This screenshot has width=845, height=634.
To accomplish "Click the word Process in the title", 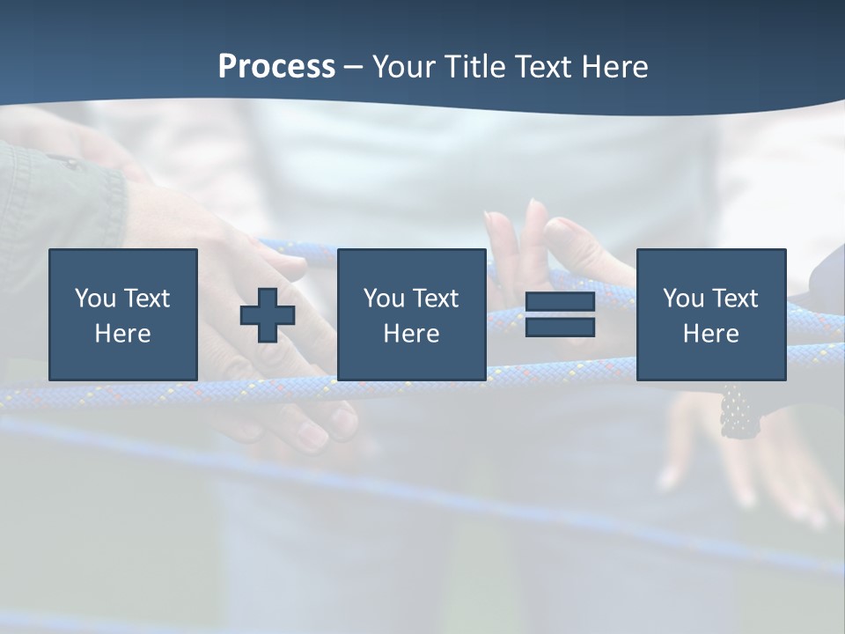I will [276, 67].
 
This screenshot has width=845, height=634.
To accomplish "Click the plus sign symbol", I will [268, 314].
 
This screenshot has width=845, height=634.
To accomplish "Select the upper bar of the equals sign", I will [560, 302].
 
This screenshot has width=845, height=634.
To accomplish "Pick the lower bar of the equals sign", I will [560, 327].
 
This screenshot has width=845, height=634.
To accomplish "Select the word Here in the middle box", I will [411, 334].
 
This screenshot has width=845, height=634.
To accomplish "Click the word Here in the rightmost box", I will [711, 334].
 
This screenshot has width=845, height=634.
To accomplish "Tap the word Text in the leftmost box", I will [146, 299].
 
